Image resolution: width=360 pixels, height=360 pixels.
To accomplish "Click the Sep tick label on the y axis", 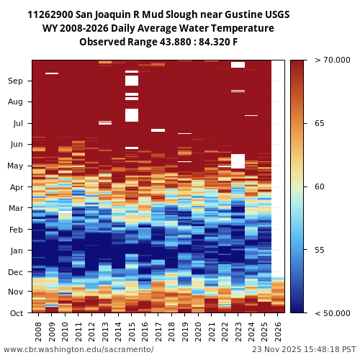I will [16, 81].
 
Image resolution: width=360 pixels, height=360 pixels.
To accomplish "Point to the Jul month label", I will [17, 123].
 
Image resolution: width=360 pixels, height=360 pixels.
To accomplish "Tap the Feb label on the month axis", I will [16, 230].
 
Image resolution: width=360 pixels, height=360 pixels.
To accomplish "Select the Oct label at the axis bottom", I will [16, 313].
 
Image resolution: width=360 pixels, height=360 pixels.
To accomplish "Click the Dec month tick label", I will [16, 272].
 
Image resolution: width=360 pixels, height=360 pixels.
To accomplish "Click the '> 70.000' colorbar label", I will [332, 60].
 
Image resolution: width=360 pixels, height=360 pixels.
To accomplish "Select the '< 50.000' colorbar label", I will [332, 313].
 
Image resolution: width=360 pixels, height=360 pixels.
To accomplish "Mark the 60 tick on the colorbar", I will [319, 186].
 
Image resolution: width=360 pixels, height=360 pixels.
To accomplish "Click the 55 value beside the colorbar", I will [319, 250].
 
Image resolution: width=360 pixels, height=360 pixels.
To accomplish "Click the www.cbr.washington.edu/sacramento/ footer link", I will [78, 349].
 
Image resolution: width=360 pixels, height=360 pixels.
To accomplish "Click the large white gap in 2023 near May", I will [238, 160].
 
